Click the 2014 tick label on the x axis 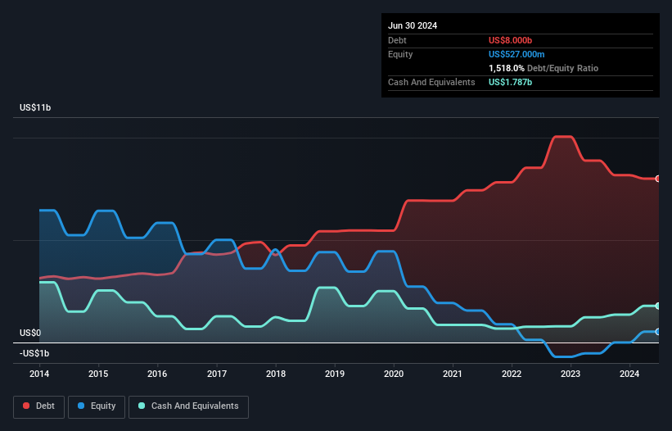click(x=39, y=374)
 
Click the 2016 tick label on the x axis click(x=157, y=374)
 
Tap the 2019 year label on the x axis click(x=335, y=374)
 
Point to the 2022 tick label click(x=512, y=374)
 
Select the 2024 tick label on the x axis click(x=629, y=374)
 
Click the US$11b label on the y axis click(x=37, y=108)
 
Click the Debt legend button click(x=38, y=406)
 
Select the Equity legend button click(x=97, y=406)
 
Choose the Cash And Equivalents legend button click(x=188, y=406)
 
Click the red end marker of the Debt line click(x=658, y=179)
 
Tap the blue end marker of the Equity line click(x=658, y=332)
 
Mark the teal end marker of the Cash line click(x=658, y=306)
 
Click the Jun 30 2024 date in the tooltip click(x=413, y=25)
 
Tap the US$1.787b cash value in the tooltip click(x=511, y=82)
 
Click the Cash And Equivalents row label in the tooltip click(x=431, y=82)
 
